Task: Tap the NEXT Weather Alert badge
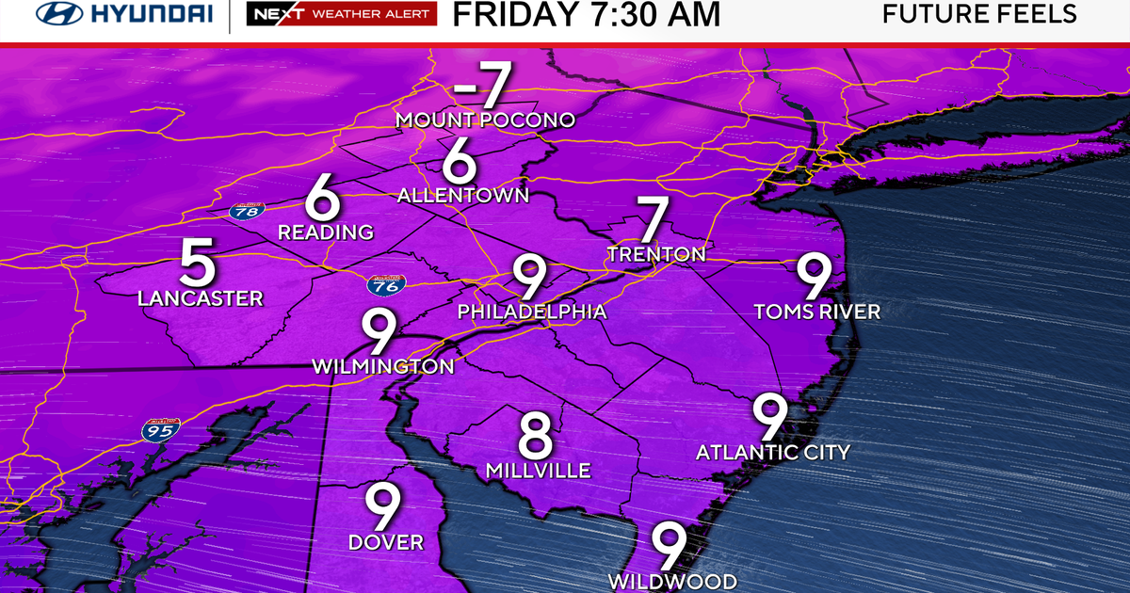click(x=341, y=15)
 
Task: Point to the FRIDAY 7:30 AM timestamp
click(x=587, y=15)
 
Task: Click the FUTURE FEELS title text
click(x=979, y=14)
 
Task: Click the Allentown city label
click(x=463, y=196)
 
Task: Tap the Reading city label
click(x=326, y=232)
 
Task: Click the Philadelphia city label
click(x=531, y=312)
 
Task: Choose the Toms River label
click(x=817, y=312)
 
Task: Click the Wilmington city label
click(x=384, y=365)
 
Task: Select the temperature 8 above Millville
click(x=536, y=436)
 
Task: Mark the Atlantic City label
click(x=773, y=453)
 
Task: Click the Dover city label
click(x=386, y=542)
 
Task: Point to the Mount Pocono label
click(x=485, y=120)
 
